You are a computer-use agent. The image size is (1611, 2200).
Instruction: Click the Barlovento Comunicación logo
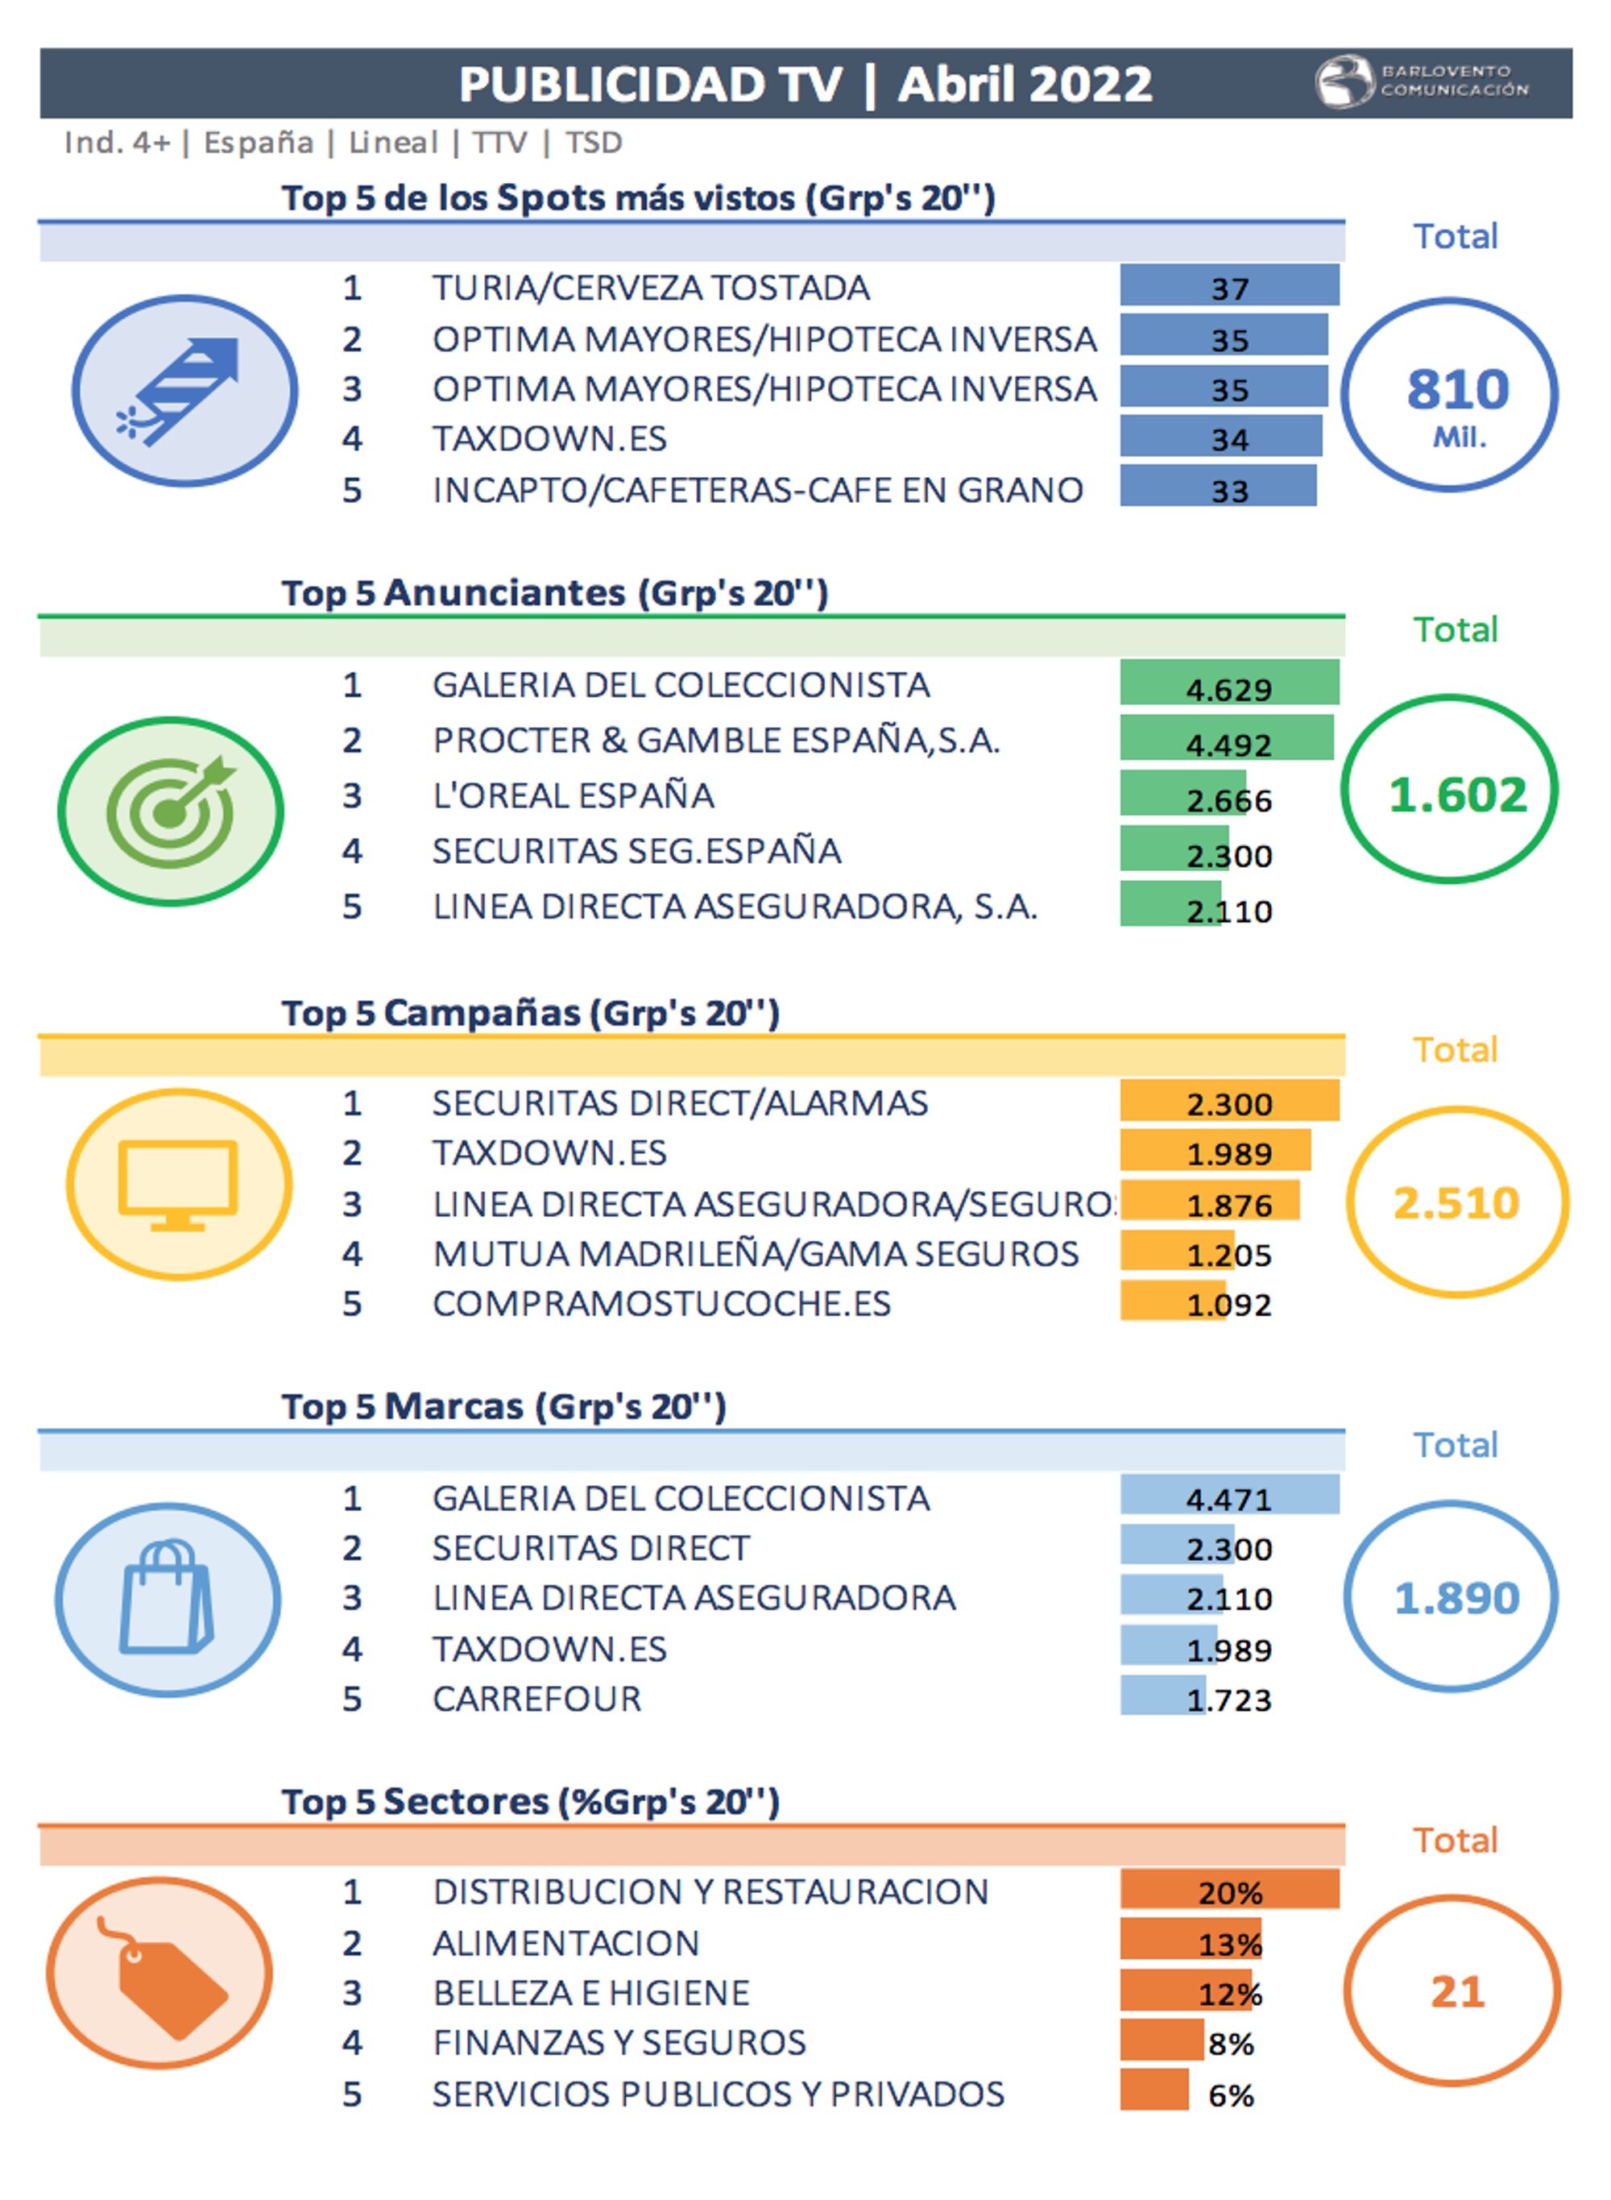click(1421, 82)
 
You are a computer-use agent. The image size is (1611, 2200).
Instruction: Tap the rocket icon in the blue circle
click(184, 390)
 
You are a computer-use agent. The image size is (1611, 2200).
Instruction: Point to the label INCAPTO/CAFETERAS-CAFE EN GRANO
click(756, 490)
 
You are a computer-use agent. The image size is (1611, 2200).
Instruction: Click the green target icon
click(172, 811)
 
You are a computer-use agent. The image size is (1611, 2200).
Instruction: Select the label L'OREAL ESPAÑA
click(573, 795)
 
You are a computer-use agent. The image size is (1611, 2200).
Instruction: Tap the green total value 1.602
click(1457, 794)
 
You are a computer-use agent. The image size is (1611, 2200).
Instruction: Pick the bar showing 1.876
click(1209, 1201)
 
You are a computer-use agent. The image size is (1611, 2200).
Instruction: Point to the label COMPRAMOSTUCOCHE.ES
click(661, 1303)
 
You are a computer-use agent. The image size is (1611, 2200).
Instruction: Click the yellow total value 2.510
click(1456, 1202)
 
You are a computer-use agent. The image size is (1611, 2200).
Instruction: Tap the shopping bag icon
click(167, 1600)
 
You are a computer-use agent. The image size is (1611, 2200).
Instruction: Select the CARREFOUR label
click(536, 1699)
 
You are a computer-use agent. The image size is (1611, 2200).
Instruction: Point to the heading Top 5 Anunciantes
click(554, 592)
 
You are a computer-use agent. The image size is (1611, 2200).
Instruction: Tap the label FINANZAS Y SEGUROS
click(619, 2042)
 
